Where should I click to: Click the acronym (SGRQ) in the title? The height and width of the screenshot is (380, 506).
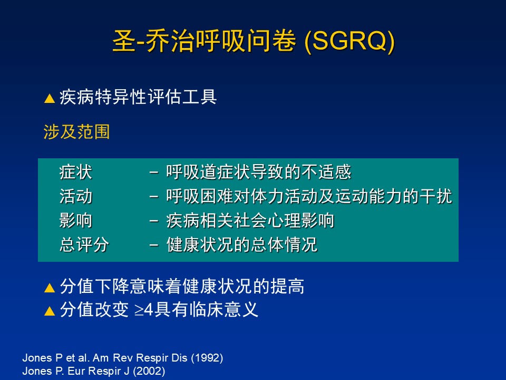[x=349, y=41]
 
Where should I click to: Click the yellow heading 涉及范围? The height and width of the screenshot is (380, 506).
[x=76, y=132]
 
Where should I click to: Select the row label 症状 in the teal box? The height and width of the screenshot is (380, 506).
[x=76, y=172]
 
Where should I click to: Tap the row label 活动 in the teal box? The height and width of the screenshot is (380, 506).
[x=76, y=196]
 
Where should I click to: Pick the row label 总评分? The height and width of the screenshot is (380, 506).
[x=84, y=244]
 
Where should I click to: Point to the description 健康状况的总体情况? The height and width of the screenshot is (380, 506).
[x=242, y=244]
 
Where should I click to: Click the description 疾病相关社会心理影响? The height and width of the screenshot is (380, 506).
[x=250, y=221]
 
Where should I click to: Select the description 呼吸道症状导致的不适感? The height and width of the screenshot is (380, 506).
[x=258, y=172]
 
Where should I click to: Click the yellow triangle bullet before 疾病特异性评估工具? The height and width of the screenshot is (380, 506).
[x=50, y=98]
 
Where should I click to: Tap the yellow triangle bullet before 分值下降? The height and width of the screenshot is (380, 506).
[x=50, y=288]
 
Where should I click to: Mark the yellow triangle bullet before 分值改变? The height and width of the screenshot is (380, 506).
[x=50, y=311]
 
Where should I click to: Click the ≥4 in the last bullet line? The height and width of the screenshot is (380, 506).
[x=143, y=310]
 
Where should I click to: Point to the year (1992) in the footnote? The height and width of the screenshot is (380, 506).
[x=207, y=358]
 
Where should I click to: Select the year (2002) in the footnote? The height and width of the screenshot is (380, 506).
[x=149, y=371]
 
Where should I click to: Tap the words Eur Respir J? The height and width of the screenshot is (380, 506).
[x=99, y=371]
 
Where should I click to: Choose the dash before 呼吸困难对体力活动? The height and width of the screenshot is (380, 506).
[x=154, y=197]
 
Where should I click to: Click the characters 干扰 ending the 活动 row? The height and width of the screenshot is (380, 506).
[x=436, y=196]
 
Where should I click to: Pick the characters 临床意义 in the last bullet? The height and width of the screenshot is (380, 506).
[x=223, y=310]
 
